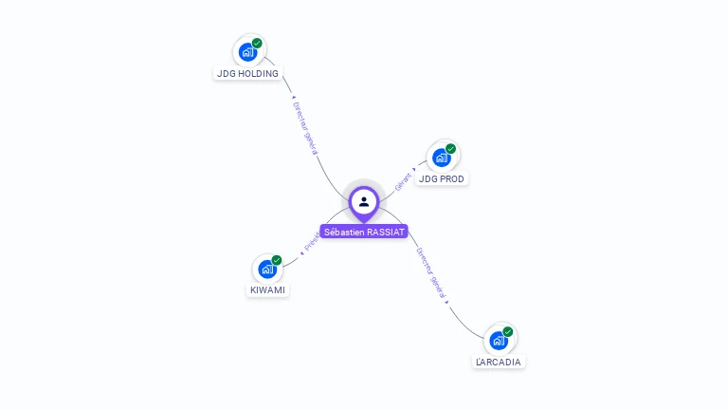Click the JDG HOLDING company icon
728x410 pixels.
click(248, 51)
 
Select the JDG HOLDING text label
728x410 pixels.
click(247, 74)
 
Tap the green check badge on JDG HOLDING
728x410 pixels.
click(257, 44)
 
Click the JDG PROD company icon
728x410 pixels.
click(442, 157)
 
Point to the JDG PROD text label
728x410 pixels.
click(442, 178)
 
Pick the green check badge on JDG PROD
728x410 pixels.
click(451, 149)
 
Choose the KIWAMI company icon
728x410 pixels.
click(267, 269)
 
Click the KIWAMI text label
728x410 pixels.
click(267, 290)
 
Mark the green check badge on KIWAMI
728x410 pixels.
click(277, 260)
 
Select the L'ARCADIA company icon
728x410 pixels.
click(499, 340)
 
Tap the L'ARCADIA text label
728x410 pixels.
click(499, 362)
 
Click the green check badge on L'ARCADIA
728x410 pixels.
click(508, 332)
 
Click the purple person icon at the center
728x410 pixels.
click(364, 201)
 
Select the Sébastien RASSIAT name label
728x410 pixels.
click(364, 232)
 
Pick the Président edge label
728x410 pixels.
click(312, 243)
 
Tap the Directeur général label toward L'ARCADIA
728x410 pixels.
click(430, 273)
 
